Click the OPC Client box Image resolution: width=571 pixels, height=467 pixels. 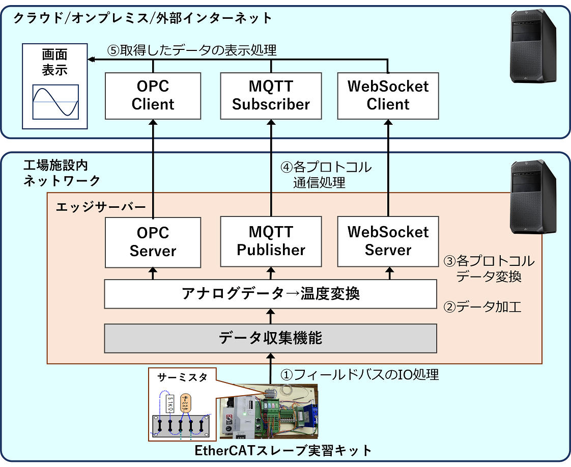point(153,95)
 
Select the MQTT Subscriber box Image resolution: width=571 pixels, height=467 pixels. point(271,95)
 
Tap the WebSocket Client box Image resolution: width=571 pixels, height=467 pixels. point(388,95)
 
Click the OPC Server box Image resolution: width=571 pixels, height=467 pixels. point(153,242)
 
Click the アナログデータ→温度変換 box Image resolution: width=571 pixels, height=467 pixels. point(271,294)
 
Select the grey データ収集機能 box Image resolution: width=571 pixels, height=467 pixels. point(271,338)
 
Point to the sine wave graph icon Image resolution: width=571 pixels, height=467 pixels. point(55,102)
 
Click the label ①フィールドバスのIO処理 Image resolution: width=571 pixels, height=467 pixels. point(359,375)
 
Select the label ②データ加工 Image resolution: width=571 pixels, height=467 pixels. point(482,307)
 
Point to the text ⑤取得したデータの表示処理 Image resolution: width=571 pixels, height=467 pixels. point(192,50)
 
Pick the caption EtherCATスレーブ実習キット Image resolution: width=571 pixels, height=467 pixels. point(283,451)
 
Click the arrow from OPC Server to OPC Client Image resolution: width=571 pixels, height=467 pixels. point(153,168)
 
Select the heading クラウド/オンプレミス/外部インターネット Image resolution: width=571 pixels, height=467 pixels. point(142,18)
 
